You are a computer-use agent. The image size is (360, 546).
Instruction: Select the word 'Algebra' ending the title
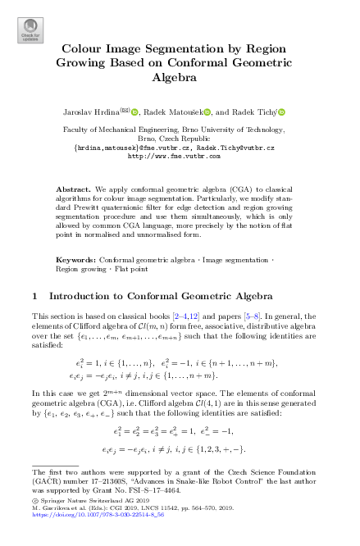(x=180, y=78)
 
